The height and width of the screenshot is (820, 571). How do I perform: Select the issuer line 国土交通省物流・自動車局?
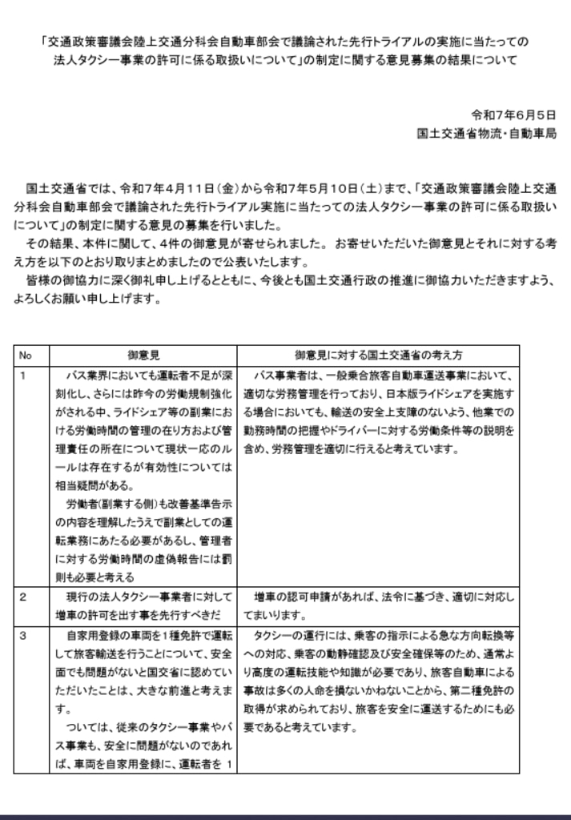[x=487, y=132]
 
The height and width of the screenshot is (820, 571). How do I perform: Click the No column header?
[x=26, y=354]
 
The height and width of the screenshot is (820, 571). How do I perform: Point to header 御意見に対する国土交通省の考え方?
[x=377, y=354]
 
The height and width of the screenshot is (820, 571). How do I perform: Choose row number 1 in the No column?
[x=23, y=375]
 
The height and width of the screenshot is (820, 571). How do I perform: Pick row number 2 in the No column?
[x=23, y=597]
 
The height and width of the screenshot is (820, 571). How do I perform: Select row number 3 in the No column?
[x=23, y=636]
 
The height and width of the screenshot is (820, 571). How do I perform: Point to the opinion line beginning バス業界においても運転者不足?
[x=150, y=375]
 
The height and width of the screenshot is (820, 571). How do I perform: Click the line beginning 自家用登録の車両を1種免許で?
[x=150, y=636]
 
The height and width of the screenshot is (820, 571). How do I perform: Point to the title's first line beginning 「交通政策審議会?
[x=285, y=41]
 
